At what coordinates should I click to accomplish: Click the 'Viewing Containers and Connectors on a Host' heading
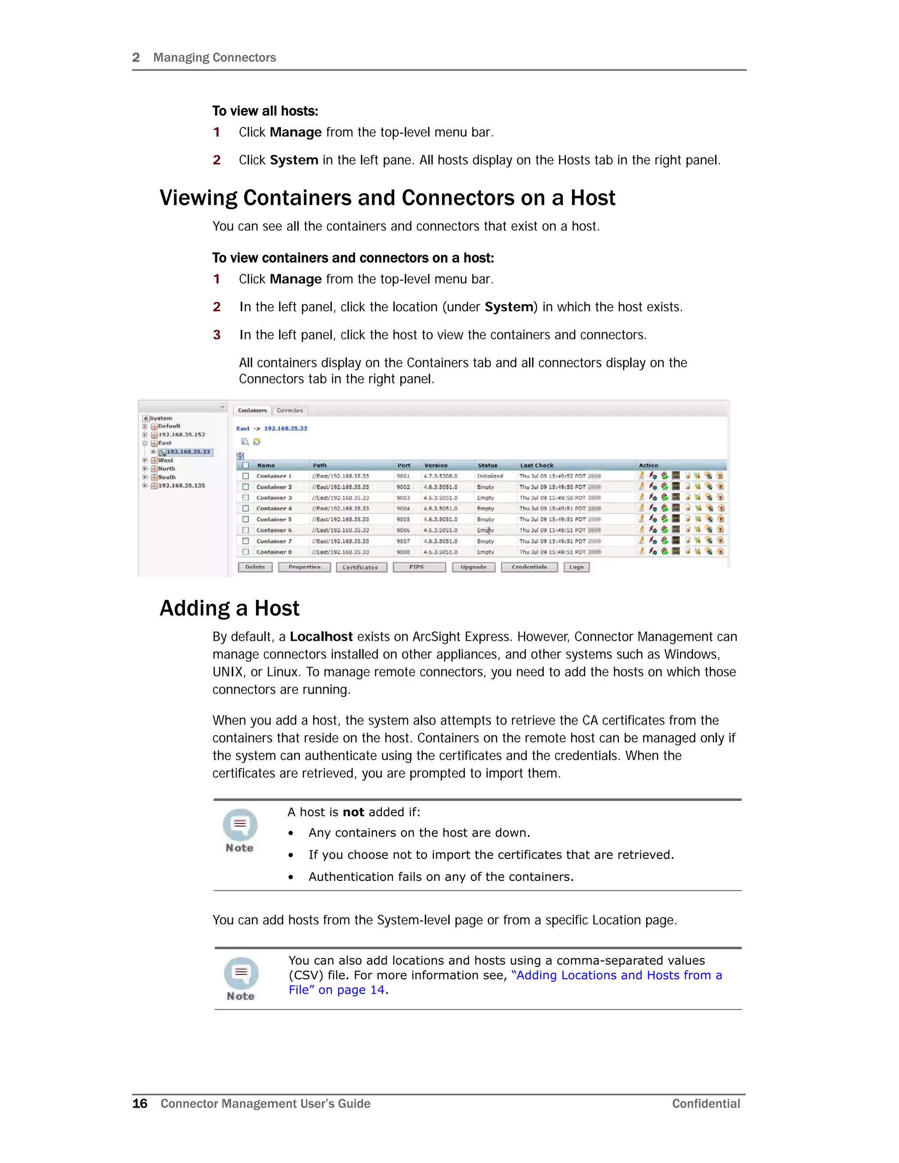click(387, 198)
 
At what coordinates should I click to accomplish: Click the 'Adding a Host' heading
click(230, 608)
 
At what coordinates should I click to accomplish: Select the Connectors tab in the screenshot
click(290, 410)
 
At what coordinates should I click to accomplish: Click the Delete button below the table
click(255, 567)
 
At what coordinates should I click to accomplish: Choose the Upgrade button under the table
click(474, 567)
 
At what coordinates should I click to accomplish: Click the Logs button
click(576, 567)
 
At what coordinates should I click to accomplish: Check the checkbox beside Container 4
click(245, 509)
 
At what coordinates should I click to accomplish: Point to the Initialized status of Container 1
click(489, 476)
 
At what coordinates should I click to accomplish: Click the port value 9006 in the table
click(403, 531)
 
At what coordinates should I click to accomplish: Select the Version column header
click(435, 465)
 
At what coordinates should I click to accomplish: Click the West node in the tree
click(165, 460)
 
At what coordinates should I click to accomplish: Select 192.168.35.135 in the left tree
click(181, 486)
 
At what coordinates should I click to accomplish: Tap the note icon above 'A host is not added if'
click(240, 825)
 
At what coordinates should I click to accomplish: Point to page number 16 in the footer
click(140, 1103)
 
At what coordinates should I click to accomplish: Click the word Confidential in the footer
click(706, 1103)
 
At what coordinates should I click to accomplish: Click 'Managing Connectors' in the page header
click(214, 57)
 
